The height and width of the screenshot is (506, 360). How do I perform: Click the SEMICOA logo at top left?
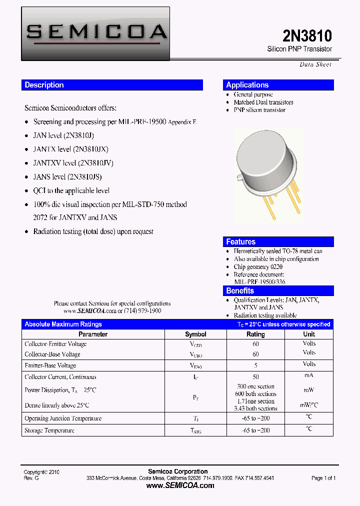(95, 33)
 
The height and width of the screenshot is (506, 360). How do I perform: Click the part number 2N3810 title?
(307, 36)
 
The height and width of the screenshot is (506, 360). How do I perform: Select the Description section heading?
(44, 85)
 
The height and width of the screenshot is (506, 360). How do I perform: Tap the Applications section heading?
(247, 85)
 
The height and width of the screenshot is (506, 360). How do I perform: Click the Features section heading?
(240, 241)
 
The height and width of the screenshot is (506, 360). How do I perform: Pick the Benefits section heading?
(240, 290)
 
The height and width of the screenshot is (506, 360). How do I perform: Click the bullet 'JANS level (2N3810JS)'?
(67, 176)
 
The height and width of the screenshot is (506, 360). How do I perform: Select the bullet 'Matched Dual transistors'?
(263, 102)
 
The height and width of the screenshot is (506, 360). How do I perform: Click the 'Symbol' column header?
(195, 334)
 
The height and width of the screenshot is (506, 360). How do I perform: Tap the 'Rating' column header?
(255, 334)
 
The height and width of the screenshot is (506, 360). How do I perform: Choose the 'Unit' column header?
(309, 334)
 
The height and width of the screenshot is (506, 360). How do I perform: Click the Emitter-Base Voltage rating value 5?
(255, 365)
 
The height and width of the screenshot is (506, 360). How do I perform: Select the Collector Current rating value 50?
(255, 377)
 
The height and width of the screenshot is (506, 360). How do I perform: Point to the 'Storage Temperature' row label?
(49, 430)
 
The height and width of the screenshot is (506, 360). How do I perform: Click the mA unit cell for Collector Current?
(309, 376)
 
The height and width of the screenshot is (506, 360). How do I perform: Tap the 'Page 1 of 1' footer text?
(323, 478)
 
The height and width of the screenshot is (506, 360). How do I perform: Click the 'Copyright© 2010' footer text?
(42, 472)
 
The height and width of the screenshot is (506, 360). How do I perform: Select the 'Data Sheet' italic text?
(315, 64)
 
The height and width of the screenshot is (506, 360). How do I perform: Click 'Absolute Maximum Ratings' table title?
(63, 324)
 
